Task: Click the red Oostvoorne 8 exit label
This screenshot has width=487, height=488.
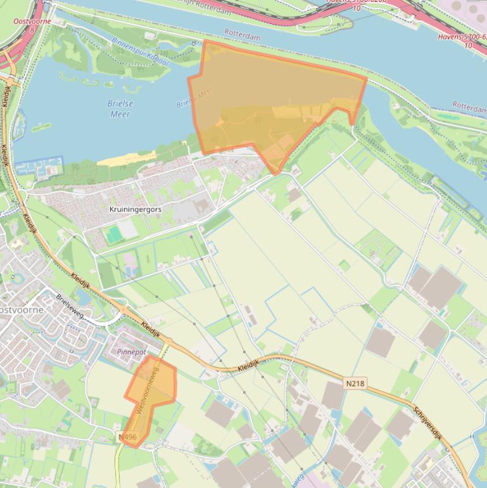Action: [32, 25]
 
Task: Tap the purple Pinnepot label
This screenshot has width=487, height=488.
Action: [132, 351]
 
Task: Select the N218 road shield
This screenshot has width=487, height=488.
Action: [355, 383]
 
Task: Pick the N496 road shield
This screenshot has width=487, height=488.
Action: [127, 437]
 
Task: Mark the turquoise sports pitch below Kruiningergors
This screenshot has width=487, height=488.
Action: [114, 236]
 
